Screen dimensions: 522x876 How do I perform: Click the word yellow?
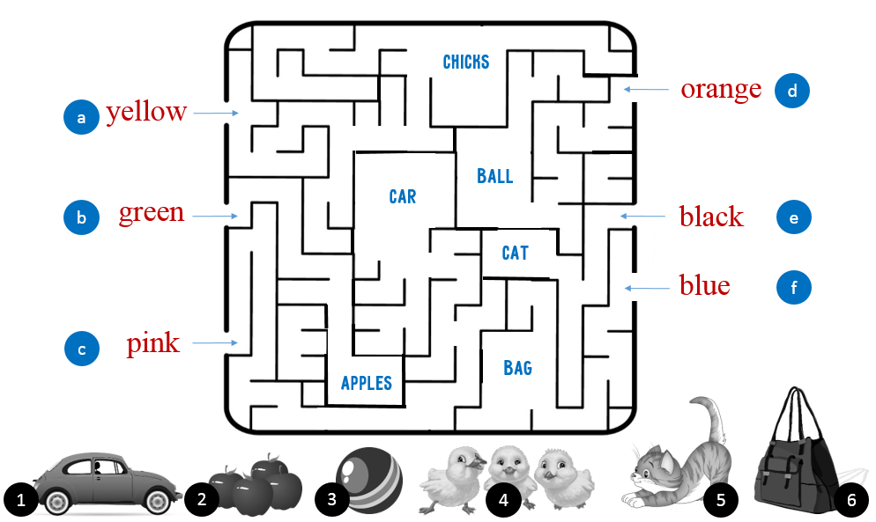click(146, 112)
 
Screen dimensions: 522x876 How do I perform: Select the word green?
click(152, 212)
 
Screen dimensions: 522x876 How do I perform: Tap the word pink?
click(152, 343)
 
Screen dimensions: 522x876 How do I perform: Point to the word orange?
click(721, 89)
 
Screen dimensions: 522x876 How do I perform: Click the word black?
click(711, 216)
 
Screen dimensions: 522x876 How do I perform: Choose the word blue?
click(704, 285)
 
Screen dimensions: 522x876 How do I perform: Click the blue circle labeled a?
click(81, 117)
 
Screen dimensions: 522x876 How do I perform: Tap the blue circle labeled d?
click(792, 91)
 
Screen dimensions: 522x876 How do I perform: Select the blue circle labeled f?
click(794, 288)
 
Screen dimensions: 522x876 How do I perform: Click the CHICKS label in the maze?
click(465, 62)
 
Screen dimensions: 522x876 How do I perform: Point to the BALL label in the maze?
click(494, 176)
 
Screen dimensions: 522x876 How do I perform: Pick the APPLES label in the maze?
click(366, 383)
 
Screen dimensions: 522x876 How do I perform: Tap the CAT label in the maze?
click(515, 254)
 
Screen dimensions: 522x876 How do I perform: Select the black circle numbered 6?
click(850, 500)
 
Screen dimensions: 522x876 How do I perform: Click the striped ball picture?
click(370, 480)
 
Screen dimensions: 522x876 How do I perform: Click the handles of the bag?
click(799, 414)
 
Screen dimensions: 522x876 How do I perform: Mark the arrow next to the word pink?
click(216, 343)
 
